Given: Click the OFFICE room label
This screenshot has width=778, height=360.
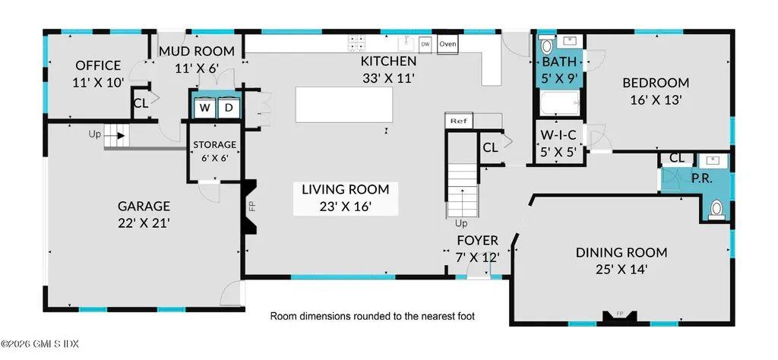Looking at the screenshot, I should pos(97,65).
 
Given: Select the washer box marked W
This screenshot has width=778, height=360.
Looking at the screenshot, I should pos(204,108).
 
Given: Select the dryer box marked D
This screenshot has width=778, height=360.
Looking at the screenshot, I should pos(228,108).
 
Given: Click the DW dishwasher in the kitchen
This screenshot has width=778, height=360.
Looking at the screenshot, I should pos(425,44).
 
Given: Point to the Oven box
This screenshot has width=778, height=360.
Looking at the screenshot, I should pos(448,44).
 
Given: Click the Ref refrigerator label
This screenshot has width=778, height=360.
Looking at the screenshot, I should pos(457,121).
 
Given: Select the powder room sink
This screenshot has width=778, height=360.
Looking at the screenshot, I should pos(713,160).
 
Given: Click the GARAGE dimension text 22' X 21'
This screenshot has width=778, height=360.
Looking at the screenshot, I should pos(144,223).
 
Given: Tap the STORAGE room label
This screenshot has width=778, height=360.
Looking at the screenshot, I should pos(213,144).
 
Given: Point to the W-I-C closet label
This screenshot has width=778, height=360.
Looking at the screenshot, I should pos(558,135).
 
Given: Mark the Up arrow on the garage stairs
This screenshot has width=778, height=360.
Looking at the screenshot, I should pos(119,135).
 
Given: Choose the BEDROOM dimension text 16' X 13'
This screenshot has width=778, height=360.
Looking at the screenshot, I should pos(656,99).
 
